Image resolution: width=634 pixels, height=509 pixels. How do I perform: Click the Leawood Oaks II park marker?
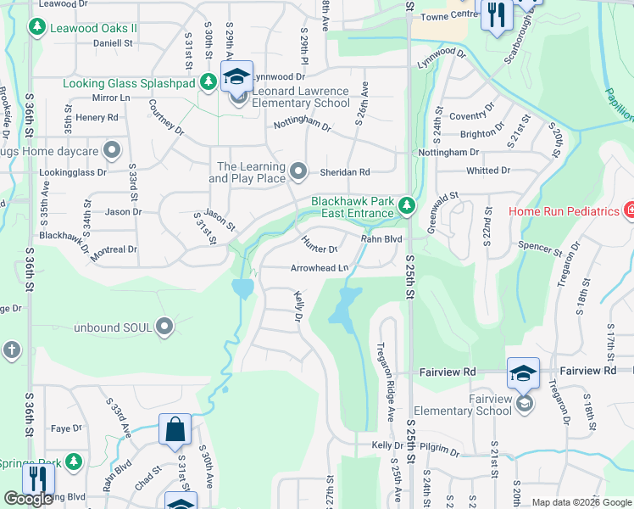click(x=37, y=28)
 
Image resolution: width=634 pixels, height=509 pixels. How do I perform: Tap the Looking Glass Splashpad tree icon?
click(x=208, y=82)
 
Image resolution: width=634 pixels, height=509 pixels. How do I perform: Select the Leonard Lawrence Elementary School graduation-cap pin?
click(x=237, y=78)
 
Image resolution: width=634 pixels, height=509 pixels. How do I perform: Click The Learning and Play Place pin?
click(x=298, y=171)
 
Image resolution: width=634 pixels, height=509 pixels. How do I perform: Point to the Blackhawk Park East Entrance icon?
click(x=407, y=205)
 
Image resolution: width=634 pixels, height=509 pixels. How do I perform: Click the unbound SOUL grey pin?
click(x=164, y=326)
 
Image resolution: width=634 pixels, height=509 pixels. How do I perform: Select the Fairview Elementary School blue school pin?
click(x=523, y=374)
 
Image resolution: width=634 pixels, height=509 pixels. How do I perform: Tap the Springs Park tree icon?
click(x=75, y=461)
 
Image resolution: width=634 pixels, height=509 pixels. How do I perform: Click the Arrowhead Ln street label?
click(x=320, y=267)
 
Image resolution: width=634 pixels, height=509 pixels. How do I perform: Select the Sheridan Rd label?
click(x=345, y=171)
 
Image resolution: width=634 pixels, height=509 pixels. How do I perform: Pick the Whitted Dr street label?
click(x=488, y=171)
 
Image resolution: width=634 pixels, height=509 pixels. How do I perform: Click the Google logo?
click(x=28, y=499)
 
